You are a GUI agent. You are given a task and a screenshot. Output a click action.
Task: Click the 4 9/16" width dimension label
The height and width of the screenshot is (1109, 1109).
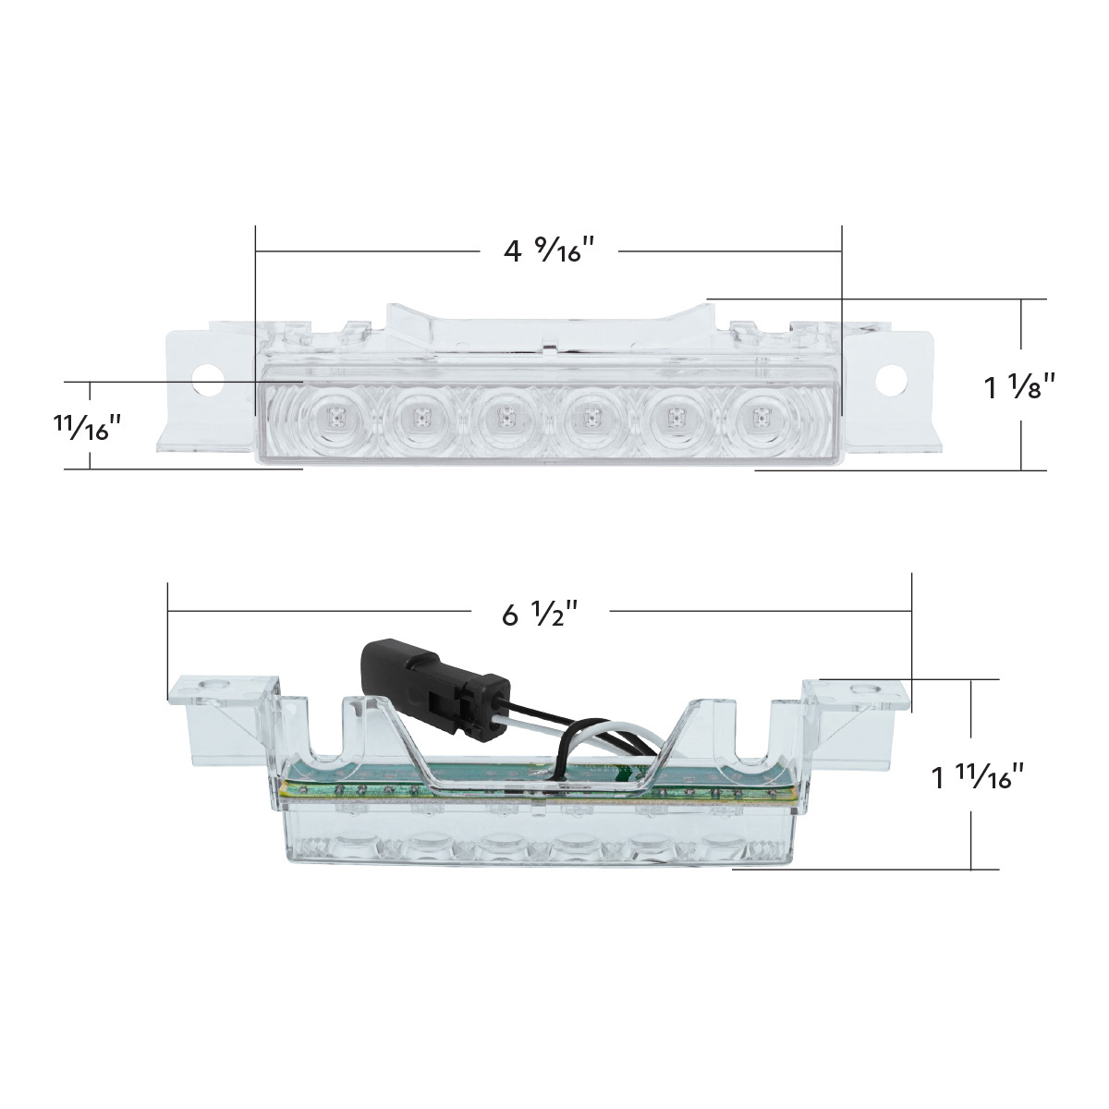tap(548, 250)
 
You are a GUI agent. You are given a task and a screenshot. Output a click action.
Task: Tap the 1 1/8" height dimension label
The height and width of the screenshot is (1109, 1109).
tap(1018, 387)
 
